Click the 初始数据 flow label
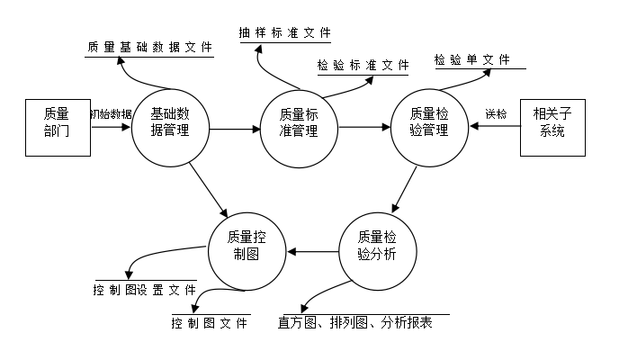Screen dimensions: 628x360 pyautogui.click(x=111, y=114)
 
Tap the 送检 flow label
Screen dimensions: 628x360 pyautogui.click(x=496, y=114)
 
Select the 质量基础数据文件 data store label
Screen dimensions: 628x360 pyautogui.click(x=149, y=48)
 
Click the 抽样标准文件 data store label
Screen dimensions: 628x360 pyautogui.click(x=285, y=32)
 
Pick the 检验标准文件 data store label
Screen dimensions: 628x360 pyautogui.click(x=363, y=65)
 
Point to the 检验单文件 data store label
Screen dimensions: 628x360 pyautogui.click(x=471, y=60)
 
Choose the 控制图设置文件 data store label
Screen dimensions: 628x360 pyautogui.click(x=145, y=290)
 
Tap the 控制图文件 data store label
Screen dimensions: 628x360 pyautogui.click(x=209, y=323)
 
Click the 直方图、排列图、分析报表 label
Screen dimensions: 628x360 pyautogui.click(x=355, y=322)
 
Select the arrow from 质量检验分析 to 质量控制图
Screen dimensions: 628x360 pyautogui.click(x=313, y=252)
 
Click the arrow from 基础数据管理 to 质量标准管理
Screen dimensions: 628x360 pyautogui.click(x=235, y=129)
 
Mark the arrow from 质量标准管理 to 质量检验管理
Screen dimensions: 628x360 pyautogui.click(x=364, y=128)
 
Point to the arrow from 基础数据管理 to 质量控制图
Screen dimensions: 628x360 pyautogui.click(x=209, y=190)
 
